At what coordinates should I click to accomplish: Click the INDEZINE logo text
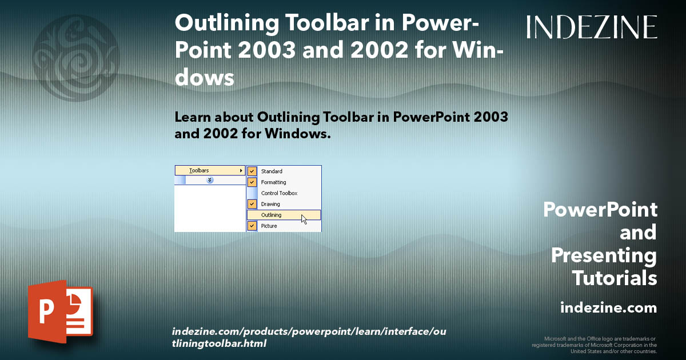[x=592, y=27]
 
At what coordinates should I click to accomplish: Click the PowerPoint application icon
[x=60, y=311]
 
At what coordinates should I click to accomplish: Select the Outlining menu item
[x=271, y=215]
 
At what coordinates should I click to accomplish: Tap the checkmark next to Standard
[x=252, y=171]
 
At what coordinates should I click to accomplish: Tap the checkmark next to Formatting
[x=252, y=182]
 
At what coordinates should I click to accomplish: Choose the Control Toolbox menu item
[x=279, y=193]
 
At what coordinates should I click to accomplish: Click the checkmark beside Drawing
[x=252, y=204]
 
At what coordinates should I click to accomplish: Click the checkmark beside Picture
[x=252, y=226]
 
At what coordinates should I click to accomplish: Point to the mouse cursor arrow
[x=304, y=219]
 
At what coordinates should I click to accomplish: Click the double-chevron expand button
[x=210, y=180]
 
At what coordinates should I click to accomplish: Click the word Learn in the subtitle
[x=194, y=117]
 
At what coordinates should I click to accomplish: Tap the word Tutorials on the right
[x=614, y=278]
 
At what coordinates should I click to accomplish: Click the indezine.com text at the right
[x=608, y=308]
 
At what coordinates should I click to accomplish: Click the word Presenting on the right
[x=604, y=255]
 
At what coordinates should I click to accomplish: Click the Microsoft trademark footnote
[x=594, y=345]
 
